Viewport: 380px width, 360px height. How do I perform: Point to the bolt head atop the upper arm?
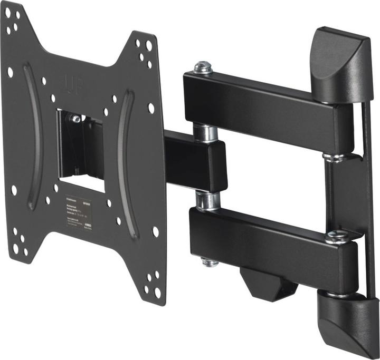tap(203, 67)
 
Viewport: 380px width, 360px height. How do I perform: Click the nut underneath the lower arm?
tap(210, 261)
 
